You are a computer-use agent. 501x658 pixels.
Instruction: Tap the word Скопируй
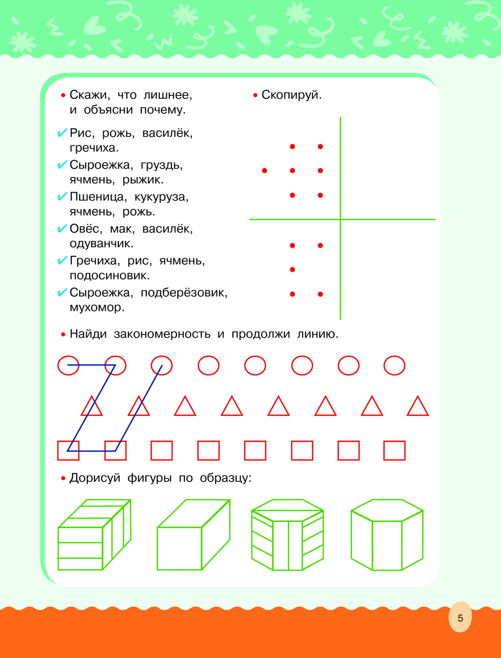click(x=292, y=95)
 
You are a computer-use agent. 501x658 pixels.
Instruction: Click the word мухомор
click(x=97, y=307)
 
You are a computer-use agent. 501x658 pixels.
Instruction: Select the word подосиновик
click(x=110, y=275)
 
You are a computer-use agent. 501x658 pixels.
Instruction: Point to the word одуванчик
click(x=102, y=243)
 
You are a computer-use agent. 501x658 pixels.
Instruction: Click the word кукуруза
click(x=161, y=197)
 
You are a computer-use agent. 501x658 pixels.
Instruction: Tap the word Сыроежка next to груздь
click(x=101, y=166)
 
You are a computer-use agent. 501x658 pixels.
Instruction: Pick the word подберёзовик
click(x=184, y=293)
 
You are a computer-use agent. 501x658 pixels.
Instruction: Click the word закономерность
click(x=162, y=334)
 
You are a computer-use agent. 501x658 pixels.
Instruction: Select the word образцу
click(x=225, y=478)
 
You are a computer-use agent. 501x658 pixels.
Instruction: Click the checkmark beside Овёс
click(x=62, y=229)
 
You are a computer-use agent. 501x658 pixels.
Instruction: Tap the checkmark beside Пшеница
click(x=62, y=197)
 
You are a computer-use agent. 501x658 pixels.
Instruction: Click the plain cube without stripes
click(x=194, y=535)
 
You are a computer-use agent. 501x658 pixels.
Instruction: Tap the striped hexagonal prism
click(x=288, y=535)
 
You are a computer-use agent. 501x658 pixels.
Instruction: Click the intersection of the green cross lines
click(x=341, y=220)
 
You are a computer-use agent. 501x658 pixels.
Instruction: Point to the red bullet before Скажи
click(x=63, y=96)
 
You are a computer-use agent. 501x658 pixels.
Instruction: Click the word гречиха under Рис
click(x=94, y=148)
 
